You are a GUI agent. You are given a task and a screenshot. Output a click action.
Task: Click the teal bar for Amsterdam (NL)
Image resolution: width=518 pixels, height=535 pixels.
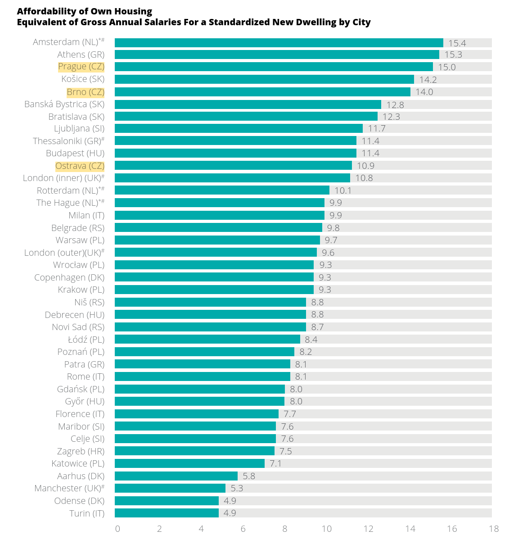coord(279,43)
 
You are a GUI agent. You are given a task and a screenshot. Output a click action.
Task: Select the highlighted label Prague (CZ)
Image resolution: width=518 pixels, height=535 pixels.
coord(81,67)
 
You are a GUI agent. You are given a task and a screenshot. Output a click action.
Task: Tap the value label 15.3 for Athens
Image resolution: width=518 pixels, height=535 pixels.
coord(453,54)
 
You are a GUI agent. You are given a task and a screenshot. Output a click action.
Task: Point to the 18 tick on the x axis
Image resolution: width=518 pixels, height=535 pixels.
coord(494,529)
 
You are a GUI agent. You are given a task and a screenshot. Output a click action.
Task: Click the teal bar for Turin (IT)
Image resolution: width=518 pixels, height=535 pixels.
coord(167,513)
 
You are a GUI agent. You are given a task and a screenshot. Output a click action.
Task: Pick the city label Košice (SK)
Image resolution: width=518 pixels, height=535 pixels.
coord(83,79)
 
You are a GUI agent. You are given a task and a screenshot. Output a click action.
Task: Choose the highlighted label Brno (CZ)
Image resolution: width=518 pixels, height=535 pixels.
coord(86,92)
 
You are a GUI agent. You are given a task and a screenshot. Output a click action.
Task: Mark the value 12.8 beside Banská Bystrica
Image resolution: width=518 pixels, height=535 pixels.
coord(395,104)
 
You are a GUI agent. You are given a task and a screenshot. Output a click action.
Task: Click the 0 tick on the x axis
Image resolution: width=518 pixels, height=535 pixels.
coord(117,529)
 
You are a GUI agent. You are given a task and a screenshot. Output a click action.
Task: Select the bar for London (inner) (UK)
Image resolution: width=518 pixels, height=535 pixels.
coord(232,178)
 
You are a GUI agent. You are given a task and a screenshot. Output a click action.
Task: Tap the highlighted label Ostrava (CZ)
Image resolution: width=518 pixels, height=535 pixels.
coord(80,166)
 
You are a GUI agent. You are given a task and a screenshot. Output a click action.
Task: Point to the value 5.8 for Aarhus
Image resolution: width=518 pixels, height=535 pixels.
coord(249,476)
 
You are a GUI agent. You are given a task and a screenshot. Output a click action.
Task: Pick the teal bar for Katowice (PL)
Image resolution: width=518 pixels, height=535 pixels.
coord(189,463)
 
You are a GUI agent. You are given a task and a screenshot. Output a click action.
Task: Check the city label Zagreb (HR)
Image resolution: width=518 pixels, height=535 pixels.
coord(81,451)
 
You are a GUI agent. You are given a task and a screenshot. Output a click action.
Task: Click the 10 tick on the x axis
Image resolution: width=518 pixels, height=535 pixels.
coord(326,529)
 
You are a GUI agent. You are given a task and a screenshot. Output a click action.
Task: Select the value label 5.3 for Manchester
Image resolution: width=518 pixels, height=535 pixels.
coord(237,488)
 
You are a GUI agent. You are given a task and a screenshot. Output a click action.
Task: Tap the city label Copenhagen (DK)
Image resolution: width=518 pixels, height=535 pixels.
coord(69,277)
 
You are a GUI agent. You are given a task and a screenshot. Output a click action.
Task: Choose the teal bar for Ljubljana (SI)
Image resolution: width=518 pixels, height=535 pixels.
coord(239,128)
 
